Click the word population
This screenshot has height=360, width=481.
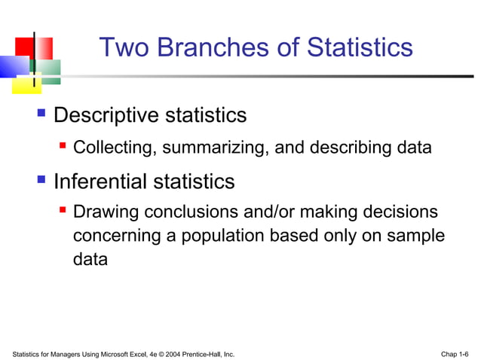[219, 236]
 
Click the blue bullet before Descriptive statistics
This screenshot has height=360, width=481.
[42, 114]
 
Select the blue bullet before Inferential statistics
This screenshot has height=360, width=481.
[42, 181]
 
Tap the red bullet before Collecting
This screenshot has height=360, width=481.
[64, 146]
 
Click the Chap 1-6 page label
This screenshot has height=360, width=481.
[455, 353]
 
